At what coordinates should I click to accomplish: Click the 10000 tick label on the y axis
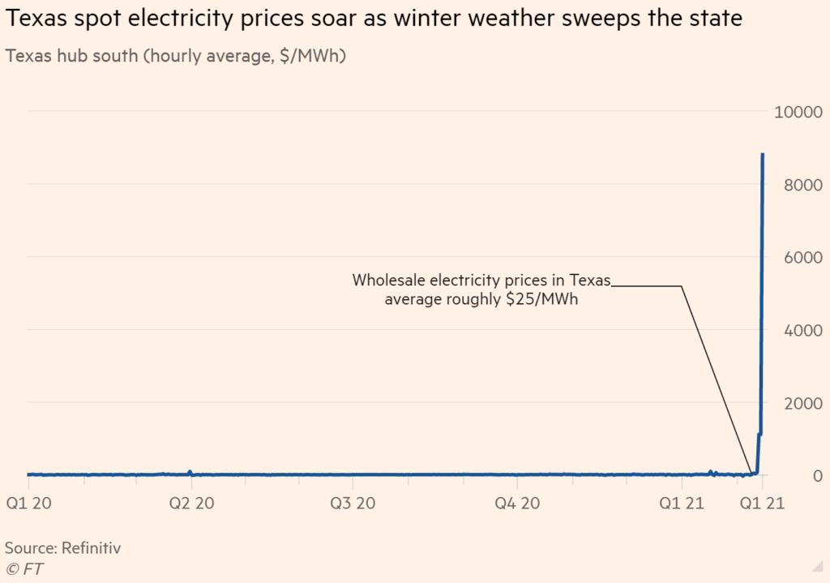tap(800, 112)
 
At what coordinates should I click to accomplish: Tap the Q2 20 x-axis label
tap(191, 504)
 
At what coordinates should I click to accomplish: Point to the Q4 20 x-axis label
tap(519, 504)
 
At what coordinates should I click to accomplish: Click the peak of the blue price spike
tap(763, 154)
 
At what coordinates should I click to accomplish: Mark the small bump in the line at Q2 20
tap(190, 472)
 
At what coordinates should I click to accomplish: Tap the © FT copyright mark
tap(24, 569)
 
